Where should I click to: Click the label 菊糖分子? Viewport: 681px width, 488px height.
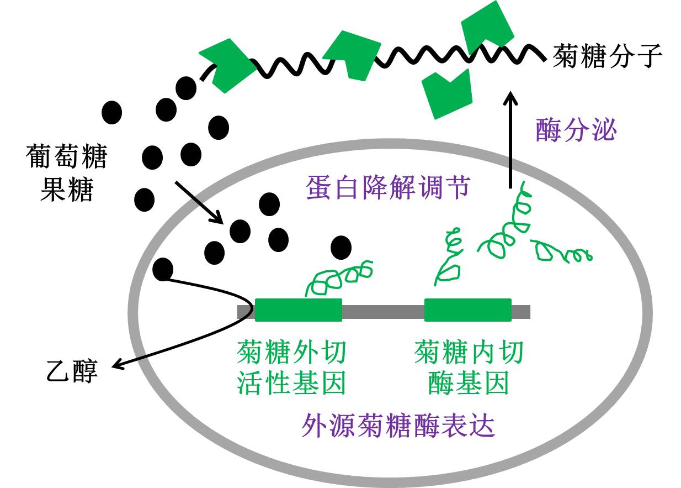(608, 56)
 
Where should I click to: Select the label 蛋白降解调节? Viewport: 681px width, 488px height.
(387, 188)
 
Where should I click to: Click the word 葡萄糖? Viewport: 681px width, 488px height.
(66, 156)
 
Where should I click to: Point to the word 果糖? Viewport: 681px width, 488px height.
(67, 190)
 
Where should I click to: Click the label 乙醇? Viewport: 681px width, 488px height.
(72, 371)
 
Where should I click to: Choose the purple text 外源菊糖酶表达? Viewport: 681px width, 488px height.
(398, 426)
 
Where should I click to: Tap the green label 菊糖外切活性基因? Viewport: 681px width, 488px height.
(291, 368)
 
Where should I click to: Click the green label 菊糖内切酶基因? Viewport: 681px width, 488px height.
(468, 368)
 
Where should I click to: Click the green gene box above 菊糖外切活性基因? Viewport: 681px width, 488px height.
(298, 311)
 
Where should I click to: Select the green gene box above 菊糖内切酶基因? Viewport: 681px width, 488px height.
(468, 311)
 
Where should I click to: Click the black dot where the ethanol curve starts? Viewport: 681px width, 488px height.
(162, 269)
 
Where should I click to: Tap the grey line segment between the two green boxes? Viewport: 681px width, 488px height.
(383, 312)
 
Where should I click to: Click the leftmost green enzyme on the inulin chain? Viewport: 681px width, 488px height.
(226, 64)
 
